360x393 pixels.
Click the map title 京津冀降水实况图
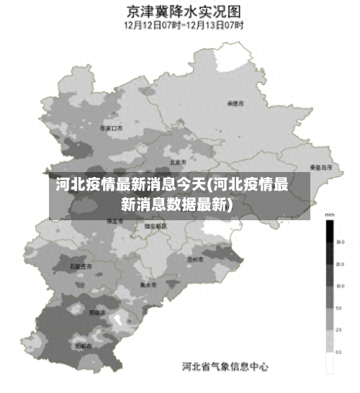[184, 12]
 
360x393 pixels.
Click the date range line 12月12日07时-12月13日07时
[184, 25]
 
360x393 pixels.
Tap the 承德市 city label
[235, 104]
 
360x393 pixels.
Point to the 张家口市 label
[112, 128]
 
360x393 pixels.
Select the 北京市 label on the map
[178, 162]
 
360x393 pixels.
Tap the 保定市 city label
[114, 221]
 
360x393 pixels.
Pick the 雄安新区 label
[155, 226]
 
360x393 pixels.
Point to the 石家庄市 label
[81, 266]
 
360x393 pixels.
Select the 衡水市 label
[149, 284]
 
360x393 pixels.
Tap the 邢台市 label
[96, 313]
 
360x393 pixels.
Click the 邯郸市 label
[84, 346]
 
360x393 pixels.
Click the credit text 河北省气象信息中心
[225, 366]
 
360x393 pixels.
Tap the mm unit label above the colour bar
[330, 215]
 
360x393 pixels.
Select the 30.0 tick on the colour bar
[339, 242]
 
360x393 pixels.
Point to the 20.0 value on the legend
[339, 264]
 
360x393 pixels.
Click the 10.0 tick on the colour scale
[339, 286]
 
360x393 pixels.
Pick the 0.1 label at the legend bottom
[339, 353]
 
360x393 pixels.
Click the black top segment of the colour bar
[329, 231]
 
